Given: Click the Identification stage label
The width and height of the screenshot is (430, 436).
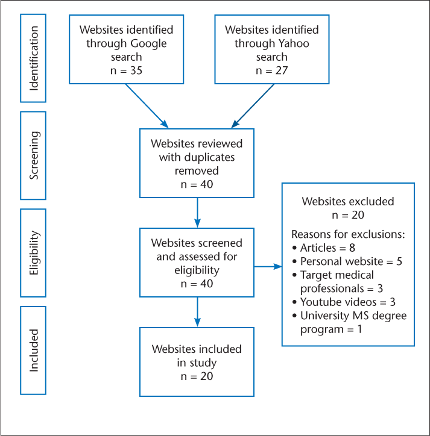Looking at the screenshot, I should click(x=34, y=57).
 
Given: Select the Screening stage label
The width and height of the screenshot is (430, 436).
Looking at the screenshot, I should click(x=34, y=155).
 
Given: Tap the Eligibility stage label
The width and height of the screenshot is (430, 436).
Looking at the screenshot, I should click(x=34, y=254).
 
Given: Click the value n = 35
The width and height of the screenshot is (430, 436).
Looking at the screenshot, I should click(x=126, y=71).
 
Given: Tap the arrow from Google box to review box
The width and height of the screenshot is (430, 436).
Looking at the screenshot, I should click(x=147, y=106).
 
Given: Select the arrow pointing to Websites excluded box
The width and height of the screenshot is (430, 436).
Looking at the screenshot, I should click(x=268, y=266).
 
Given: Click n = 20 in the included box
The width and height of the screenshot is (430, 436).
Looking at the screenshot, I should click(x=197, y=376).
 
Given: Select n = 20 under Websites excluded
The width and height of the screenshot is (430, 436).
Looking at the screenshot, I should click(x=347, y=215).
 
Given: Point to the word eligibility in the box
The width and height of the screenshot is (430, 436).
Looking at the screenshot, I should click(x=197, y=271).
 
